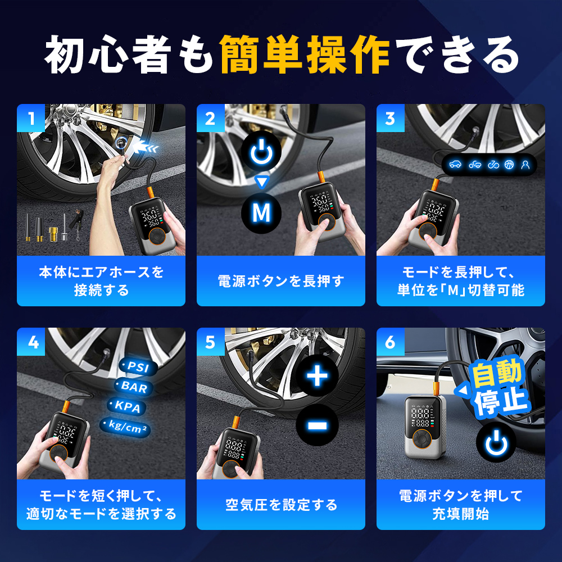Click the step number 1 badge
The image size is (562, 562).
coord(31,118)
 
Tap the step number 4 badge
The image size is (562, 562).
coord(31,342)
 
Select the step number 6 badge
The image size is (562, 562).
coord(391,342)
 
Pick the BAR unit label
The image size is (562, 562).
coord(134,387)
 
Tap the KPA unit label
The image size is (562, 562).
coord(127,407)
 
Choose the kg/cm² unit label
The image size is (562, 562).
coord(125,427)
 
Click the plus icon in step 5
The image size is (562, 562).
coord(317,376)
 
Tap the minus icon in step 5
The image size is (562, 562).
coord(317,425)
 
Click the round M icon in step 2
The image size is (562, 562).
coord(261,213)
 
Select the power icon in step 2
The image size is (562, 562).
coord(261,151)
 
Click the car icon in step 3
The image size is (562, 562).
coord(455,165)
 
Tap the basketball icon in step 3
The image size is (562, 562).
coord(509,165)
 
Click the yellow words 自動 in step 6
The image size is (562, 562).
coord(497,373)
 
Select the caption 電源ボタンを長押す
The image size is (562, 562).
coord(281,281)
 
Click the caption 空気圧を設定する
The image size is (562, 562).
coord(281,505)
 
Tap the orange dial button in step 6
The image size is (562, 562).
coord(422,439)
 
